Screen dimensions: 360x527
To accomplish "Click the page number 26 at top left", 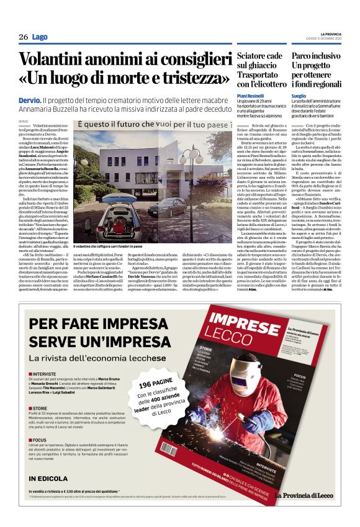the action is (x=23, y=37).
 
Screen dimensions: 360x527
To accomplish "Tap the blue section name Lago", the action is (x=40, y=37).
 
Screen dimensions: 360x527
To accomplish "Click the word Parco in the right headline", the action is (x=305, y=56).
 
